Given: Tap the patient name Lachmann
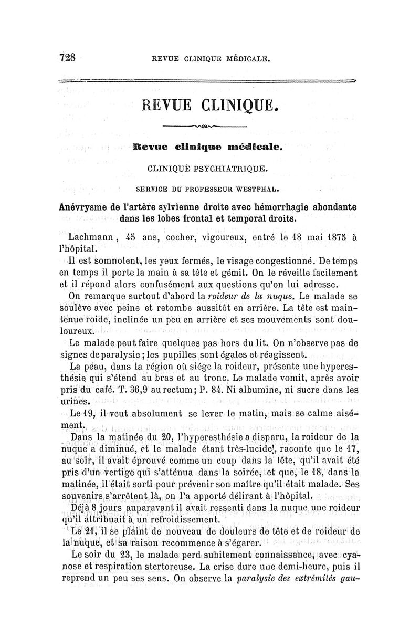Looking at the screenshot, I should (x=90, y=237).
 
